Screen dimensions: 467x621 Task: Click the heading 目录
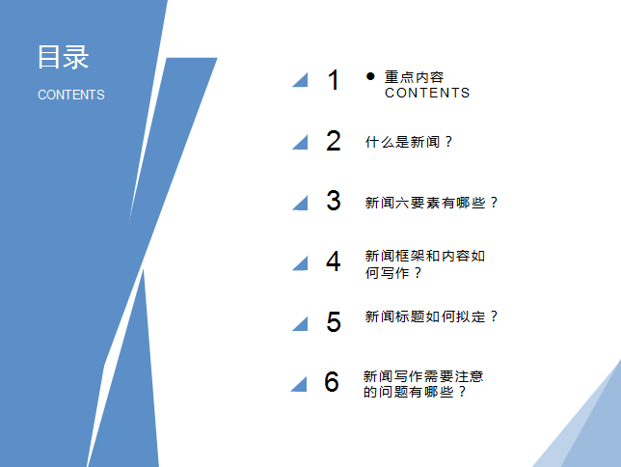(63, 57)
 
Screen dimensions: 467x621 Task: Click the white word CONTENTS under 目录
(71, 95)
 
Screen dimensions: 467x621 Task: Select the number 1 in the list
(334, 81)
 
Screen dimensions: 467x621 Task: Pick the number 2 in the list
(334, 142)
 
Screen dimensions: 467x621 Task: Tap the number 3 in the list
(334, 201)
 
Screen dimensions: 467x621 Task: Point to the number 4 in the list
(334, 261)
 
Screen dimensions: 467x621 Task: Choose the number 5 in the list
(334, 322)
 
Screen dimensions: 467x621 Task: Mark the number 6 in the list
(332, 382)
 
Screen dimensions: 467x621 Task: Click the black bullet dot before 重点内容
(370, 75)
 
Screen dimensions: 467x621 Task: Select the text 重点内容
(415, 77)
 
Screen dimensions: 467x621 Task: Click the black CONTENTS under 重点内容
(427, 94)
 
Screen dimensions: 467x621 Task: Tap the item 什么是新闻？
(409, 142)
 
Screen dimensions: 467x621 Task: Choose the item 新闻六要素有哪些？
(432, 203)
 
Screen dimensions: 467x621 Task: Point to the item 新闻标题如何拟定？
(432, 316)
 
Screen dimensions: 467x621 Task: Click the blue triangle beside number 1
(300, 81)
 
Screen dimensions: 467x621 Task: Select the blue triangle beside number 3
(300, 202)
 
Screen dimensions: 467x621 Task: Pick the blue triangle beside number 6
(299, 383)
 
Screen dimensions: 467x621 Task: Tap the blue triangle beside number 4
(300, 262)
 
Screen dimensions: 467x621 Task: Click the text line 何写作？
(394, 273)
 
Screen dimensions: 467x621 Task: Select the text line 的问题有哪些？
(415, 393)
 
